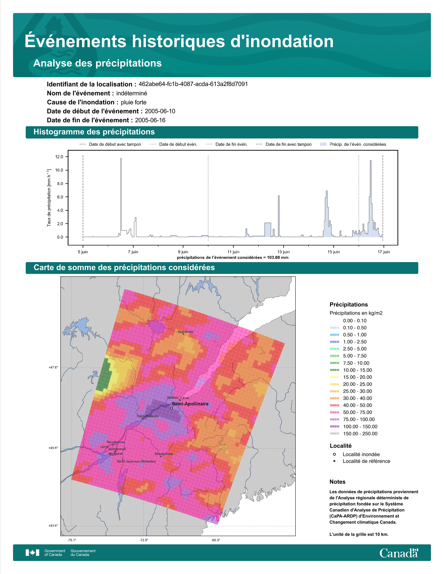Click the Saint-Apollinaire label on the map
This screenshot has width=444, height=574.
click(190, 404)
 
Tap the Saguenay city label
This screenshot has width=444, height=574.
click(185, 332)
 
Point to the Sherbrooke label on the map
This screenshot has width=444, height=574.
click(164, 454)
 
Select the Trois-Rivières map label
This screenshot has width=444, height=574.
click(147, 416)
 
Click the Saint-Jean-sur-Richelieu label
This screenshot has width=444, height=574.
click(136, 461)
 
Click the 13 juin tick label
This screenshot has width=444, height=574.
click(283, 252)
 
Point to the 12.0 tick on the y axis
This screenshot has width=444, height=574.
click(59, 157)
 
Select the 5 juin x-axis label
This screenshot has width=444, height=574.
click(83, 252)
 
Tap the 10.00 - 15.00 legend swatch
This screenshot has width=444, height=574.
click(334, 370)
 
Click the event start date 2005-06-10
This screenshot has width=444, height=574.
click(160, 111)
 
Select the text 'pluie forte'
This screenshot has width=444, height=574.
click(134, 102)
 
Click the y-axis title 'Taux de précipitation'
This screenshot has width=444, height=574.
click(49, 197)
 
